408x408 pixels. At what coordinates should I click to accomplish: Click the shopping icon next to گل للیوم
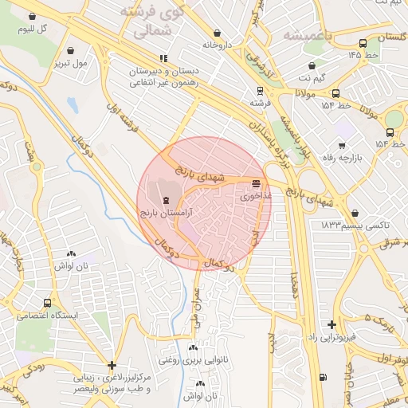[x=31, y=16]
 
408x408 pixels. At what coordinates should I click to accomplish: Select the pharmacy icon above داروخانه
[x=217, y=33]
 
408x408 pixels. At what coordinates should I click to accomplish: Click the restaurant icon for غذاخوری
[x=255, y=182]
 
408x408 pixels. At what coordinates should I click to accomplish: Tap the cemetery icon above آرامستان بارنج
[x=165, y=200]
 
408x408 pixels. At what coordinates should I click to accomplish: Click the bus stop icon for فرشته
[x=259, y=91]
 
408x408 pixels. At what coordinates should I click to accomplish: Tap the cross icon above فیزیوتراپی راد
[x=331, y=324]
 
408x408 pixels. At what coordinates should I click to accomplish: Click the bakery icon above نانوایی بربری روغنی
[x=192, y=347]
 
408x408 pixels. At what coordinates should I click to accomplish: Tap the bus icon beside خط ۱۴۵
[x=371, y=54]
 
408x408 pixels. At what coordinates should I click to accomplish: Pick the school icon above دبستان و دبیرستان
[x=163, y=57]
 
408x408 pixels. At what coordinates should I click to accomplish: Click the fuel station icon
[x=322, y=377]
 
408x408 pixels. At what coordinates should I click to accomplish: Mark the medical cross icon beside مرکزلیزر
[x=112, y=365]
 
